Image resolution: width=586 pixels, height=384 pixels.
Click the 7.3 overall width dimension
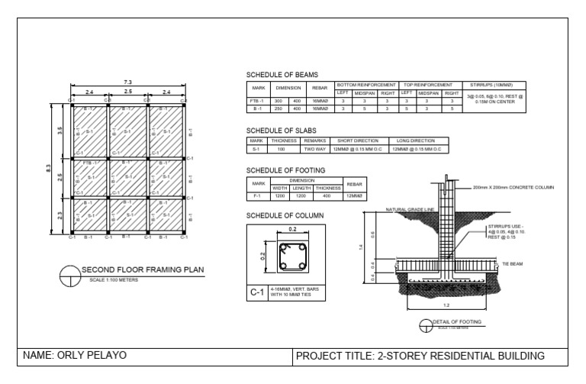coord(127,81)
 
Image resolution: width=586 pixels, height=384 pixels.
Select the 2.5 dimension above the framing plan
coord(127,92)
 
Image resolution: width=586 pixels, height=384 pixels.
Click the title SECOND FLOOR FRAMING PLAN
coord(143,269)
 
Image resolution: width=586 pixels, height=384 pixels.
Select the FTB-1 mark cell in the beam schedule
coord(257,101)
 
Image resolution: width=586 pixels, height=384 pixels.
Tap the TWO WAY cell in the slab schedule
coord(315,149)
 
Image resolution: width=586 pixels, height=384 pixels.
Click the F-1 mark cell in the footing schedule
coord(257,195)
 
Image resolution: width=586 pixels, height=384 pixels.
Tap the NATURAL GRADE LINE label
coord(410,209)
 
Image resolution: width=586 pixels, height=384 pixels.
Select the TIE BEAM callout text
coord(511,263)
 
